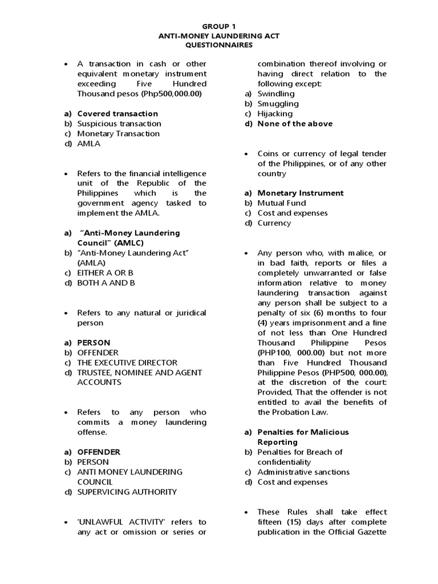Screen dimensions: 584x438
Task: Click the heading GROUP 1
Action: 218,26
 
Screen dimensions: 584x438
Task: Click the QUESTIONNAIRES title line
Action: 218,45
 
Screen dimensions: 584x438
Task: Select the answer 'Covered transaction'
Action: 117,113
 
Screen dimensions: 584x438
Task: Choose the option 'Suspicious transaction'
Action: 119,124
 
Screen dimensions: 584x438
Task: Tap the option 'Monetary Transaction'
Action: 118,133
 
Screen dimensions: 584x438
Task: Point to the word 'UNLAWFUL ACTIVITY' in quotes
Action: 114,522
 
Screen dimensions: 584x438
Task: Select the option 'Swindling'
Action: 276,94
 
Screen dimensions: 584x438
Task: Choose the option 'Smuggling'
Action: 278,104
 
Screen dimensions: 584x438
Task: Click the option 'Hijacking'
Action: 275,113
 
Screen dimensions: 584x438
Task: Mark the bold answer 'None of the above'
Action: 295,124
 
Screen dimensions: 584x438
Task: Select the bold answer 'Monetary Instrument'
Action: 300,193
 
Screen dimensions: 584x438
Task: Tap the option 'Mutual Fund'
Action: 282,203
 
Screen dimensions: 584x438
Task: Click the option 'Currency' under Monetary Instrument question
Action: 274,223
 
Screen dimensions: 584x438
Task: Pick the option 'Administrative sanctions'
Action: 303,472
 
